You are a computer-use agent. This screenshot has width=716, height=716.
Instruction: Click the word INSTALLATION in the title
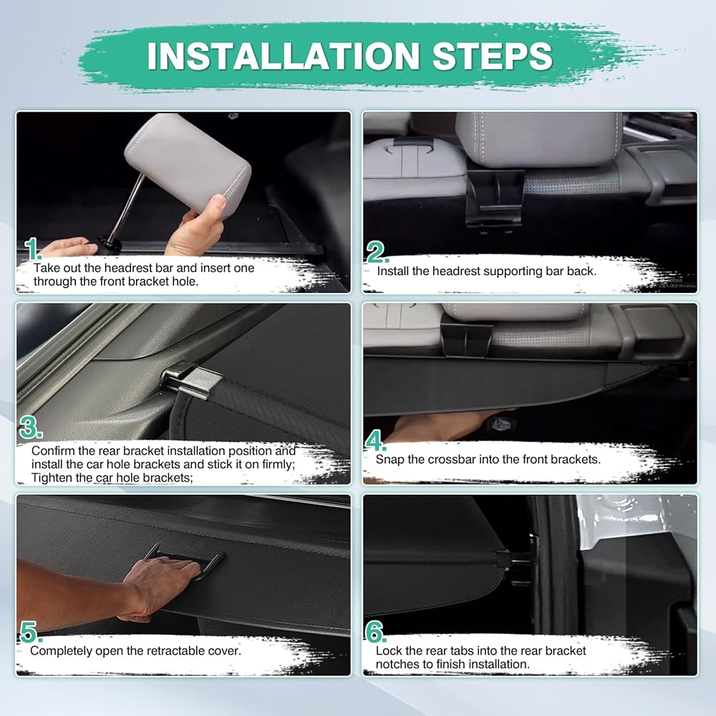283,56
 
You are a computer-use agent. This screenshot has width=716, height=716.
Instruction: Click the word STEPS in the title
493,56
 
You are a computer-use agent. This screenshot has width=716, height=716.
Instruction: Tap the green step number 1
32,249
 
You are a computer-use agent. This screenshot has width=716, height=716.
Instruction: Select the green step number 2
377,252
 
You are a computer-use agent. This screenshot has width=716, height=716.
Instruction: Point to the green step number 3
30,427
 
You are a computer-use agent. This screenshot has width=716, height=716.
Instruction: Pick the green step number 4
375,440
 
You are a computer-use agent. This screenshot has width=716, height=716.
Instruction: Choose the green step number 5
30,632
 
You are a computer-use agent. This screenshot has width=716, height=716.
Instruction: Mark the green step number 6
375,632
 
